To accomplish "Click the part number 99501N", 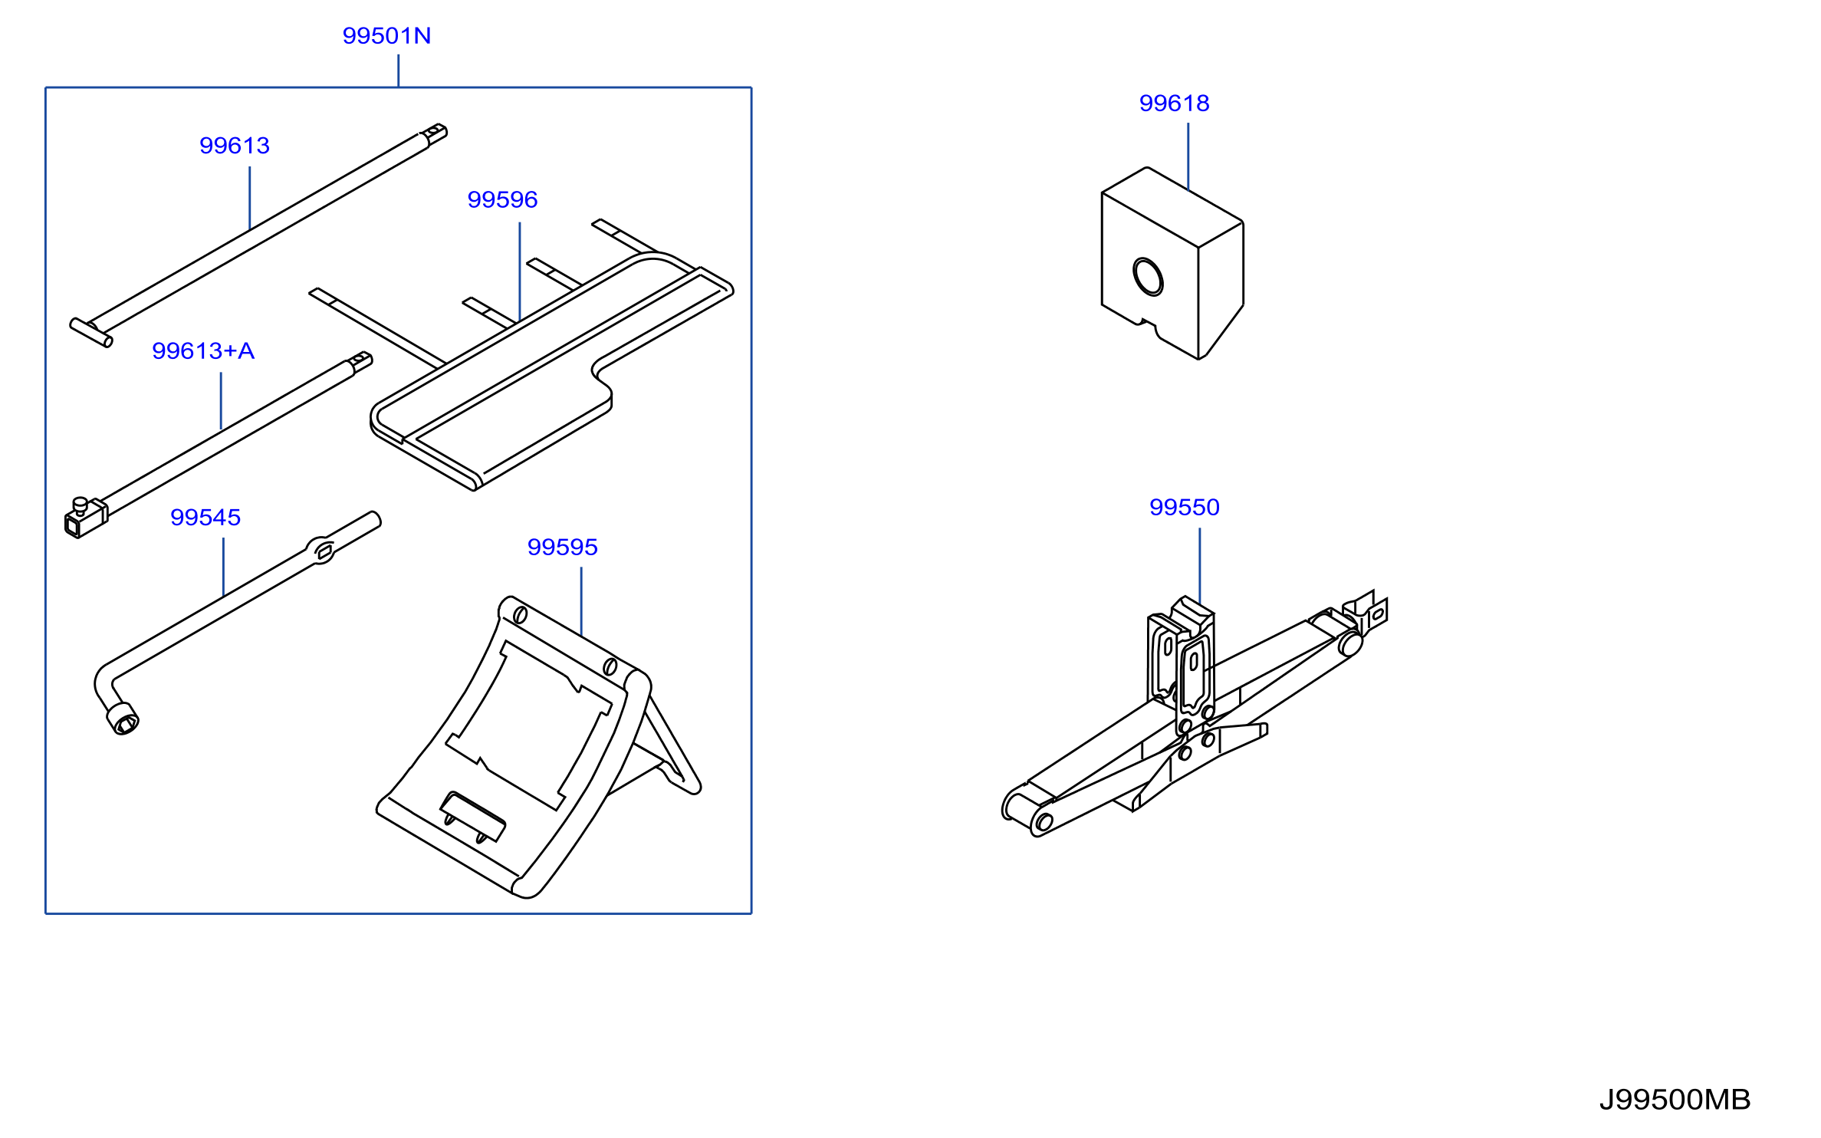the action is coord(386,36).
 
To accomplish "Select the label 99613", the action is coord(235,146).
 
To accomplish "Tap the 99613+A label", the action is coord(203,351).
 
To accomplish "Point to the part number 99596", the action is coord(502,200).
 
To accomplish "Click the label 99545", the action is coord(205,518).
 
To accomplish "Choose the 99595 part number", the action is coord(562,548).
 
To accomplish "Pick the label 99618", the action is coord(1174,104).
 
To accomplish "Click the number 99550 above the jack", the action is coord(1184,508).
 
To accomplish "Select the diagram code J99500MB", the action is coord(1675,1100).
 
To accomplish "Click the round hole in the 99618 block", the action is coord(1148,277).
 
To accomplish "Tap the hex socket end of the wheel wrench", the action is coord(123,719).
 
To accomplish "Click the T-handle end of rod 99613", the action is coord(91,332).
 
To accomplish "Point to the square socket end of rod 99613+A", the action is coord(84,518).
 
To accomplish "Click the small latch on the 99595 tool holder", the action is coord(472,817).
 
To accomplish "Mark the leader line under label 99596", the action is coord(520,271).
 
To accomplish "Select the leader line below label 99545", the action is coord(223,567).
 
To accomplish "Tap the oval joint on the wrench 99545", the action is coord(322,550).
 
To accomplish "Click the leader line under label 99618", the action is coord(1188,156).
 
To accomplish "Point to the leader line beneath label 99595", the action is coord(581,602).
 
